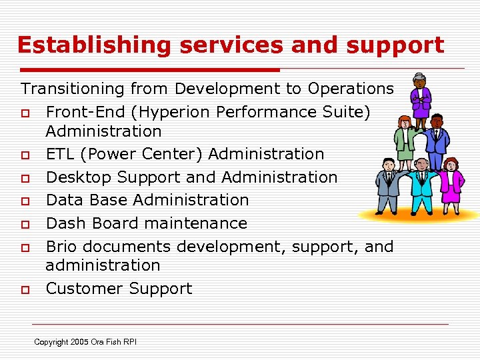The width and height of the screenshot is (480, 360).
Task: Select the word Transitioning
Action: [x=73, y=89]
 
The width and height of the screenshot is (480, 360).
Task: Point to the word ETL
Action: [x=59, y=154]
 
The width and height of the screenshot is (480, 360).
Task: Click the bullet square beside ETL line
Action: [x=24, y=155]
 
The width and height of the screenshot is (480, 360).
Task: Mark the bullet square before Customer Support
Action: [x=24, y=290]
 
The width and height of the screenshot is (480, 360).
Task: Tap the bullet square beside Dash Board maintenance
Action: [x=24, y=225]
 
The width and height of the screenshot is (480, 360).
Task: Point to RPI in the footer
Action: [x=129, y=342]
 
